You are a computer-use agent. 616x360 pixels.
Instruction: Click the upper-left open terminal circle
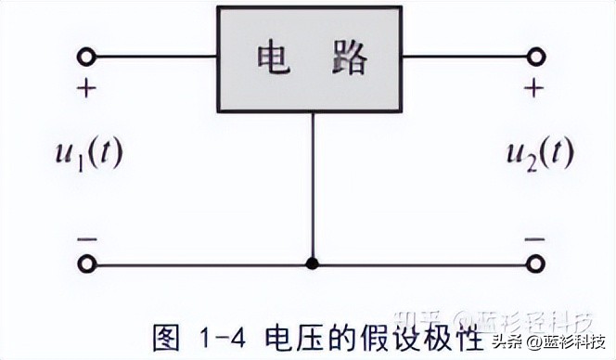click(86, 58)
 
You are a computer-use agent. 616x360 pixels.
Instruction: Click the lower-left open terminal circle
click(86, 264)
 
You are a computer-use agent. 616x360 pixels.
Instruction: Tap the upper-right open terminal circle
click(535, 58)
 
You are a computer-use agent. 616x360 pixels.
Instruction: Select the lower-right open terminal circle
click(535, 264)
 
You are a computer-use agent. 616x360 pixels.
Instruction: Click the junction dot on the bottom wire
click(313, 264)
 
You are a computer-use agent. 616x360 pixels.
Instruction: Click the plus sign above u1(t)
click(86, 90)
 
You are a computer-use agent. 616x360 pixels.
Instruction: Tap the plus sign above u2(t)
click(533, 90)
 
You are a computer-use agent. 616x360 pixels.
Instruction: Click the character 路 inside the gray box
click(348, 58)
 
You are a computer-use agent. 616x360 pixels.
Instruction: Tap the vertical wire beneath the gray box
click(313, 186)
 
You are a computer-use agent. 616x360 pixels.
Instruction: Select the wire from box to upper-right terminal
click(464, 58)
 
